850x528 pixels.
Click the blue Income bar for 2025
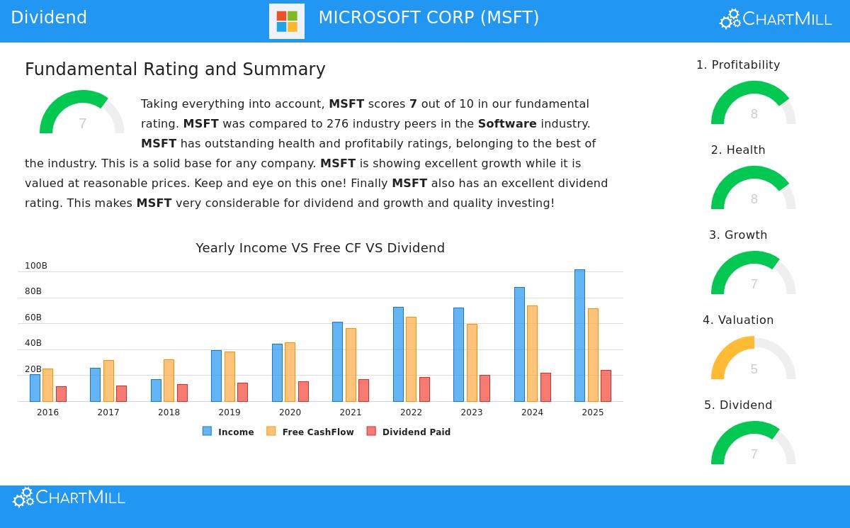point(579,335)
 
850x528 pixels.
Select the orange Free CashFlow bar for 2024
point(532,353)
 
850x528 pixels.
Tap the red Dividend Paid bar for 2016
point(61,393)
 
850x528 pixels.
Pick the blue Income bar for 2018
point(156,390)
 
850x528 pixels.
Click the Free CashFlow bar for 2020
point(290,371)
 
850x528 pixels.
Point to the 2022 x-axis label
point(411,412)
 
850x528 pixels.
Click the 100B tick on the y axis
point(36,266)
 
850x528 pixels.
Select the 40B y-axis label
point(33,343)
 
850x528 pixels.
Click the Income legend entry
point(228,432)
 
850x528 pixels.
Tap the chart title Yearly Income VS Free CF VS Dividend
point(320,248)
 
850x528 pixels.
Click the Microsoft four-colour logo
point(287,21)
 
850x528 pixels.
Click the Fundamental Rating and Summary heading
point(175,69)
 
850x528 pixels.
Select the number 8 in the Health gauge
point(754,199)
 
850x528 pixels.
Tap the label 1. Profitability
point(738,65)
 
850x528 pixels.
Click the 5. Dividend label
point(738,405)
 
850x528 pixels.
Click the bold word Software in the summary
point(507,124)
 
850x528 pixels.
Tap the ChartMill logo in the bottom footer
point(69,498)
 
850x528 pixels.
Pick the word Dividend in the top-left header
point(49,18)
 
